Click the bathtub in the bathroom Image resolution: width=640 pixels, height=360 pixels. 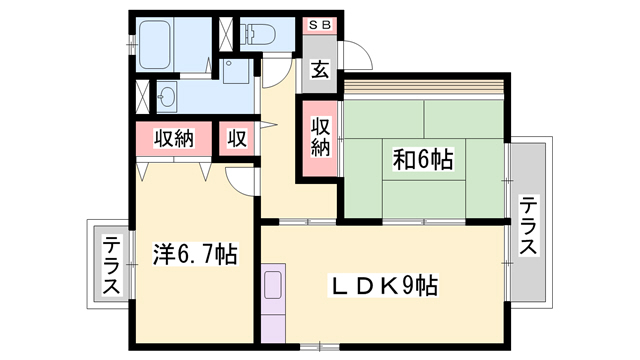point(155,44)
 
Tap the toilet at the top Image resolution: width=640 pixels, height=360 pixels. point(257,34)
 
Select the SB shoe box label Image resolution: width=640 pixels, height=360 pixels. point(320,25)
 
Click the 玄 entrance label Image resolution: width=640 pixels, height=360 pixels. point(320,69)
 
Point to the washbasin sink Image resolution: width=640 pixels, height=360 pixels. point(167,97)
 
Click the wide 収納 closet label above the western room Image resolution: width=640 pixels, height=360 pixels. point(174,138)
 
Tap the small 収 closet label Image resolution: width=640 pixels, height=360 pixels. point(237,138)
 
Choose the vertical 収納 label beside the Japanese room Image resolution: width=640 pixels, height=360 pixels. point(320,137)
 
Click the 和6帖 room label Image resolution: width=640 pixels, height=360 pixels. point(423,160)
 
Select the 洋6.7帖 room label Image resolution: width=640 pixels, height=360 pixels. point(196,254)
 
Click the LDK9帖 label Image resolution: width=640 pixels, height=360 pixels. point(384,286)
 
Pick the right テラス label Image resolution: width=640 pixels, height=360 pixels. point(528,225)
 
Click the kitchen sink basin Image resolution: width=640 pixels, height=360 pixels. point(273,284)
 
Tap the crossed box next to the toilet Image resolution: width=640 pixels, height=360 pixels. point(226,34)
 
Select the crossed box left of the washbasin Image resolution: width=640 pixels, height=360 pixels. point(142,97)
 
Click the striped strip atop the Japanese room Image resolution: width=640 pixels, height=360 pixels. point(424,87)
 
